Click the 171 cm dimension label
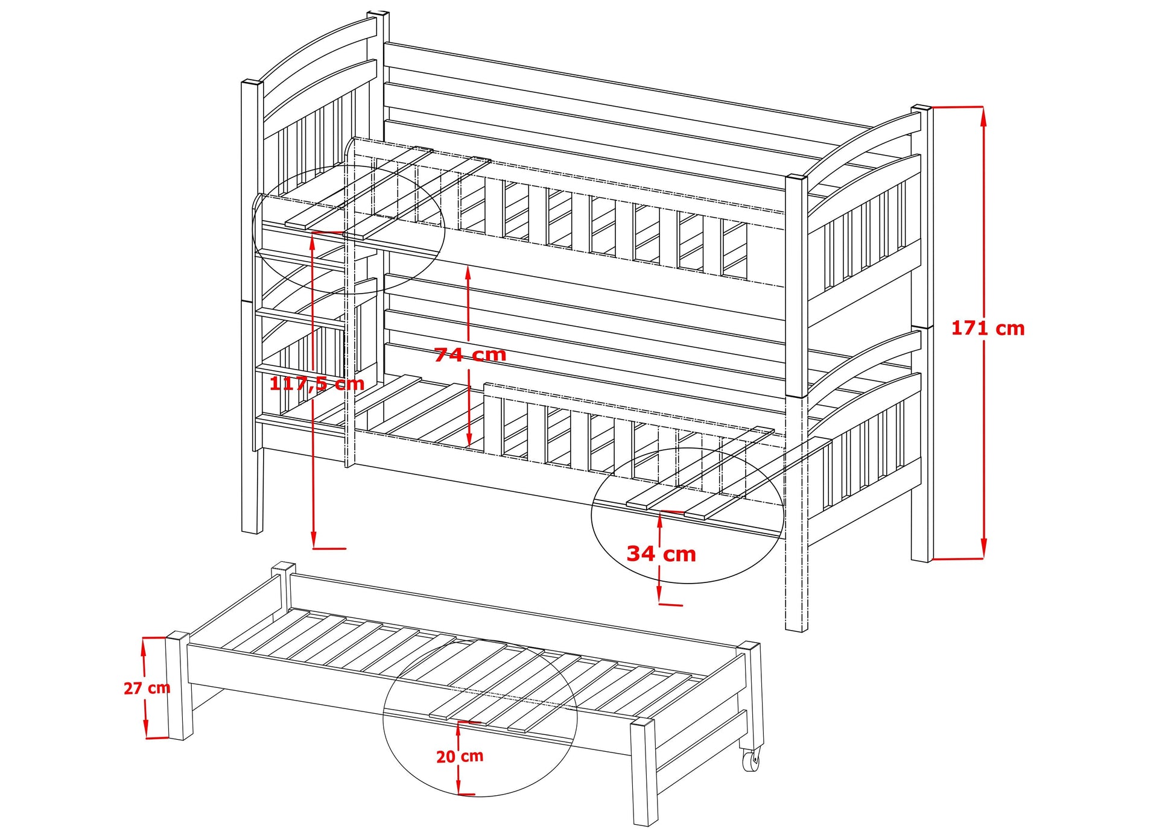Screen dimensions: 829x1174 click(x=988, y=329)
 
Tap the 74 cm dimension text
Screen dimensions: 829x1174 click(x=470, y=355)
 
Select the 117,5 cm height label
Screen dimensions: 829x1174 click(x=317, y=383)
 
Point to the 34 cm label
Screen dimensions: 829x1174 click(x=661, y=553)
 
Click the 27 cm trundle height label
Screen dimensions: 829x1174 click(x=147, y=688)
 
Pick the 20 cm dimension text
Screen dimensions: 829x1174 click(x=460, y=756)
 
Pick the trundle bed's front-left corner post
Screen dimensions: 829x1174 click(x=178, y=687)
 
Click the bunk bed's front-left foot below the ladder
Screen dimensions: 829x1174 click(x=252, y=491)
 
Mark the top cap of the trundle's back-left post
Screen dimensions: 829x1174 click(x=283, y=567)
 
